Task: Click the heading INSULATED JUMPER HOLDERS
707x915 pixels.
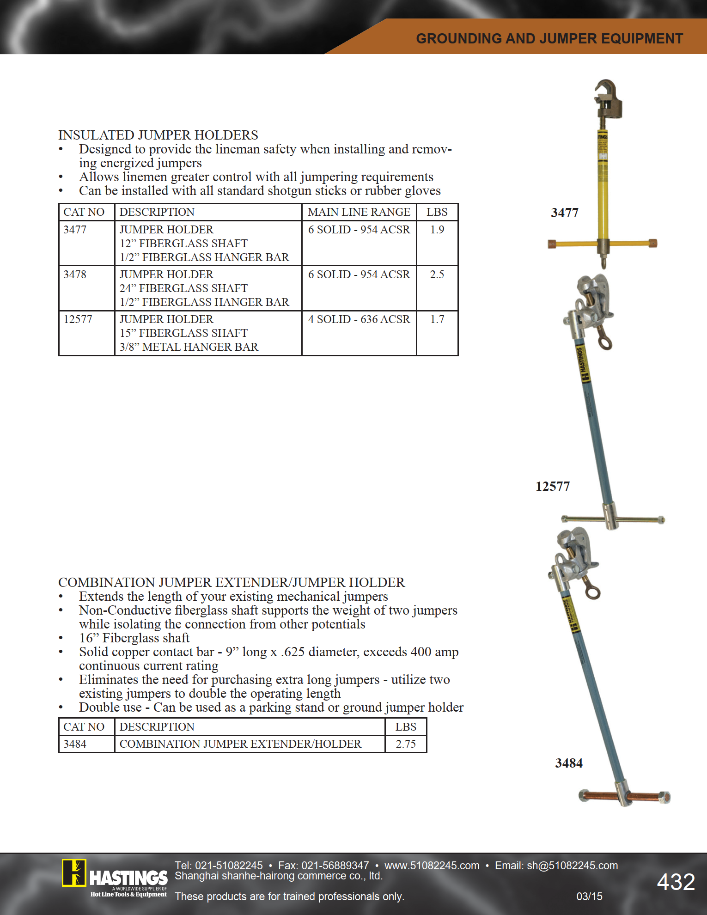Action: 158,135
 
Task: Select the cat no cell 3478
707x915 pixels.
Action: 75,274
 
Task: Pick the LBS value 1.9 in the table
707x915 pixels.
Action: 437,230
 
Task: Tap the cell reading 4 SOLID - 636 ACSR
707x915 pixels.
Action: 359,319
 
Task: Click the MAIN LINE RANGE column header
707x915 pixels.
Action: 359,212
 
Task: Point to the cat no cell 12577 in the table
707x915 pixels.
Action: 78,319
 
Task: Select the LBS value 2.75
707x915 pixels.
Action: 406,744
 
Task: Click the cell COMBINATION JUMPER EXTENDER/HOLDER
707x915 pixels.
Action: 240,744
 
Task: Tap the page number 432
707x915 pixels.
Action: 676,882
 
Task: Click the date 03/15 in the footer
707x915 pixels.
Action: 589,897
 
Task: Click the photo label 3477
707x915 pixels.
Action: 565,213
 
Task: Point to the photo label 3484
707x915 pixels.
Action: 569,763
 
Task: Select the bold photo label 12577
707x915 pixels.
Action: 553,486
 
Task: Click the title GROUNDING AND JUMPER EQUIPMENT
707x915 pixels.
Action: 549,38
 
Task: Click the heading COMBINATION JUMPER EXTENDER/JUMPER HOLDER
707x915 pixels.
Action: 231,582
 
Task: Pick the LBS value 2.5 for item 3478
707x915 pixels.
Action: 437,274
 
